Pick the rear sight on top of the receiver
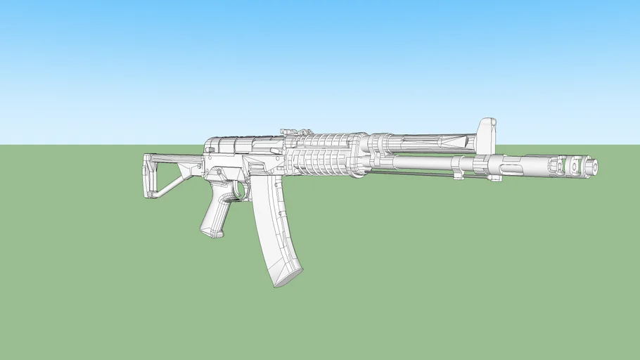291,131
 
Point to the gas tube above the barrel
422,143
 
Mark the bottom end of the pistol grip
210,232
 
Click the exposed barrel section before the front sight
422,162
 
